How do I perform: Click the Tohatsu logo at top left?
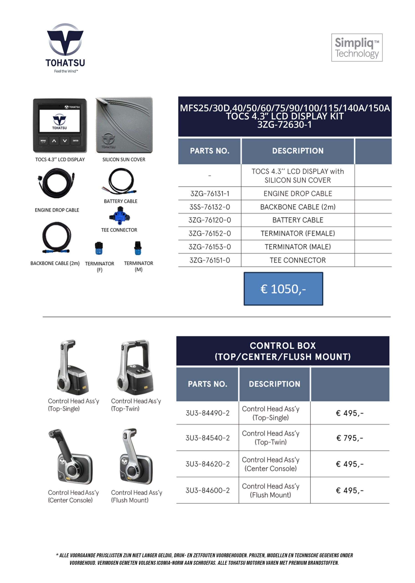tap(65, 47)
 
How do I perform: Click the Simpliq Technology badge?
tap(357, 48)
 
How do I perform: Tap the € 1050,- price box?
tap(283, 289)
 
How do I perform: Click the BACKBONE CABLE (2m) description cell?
tap(298, 207)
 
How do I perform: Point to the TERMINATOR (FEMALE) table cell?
tap(298, 233)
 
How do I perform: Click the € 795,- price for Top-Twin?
tap(350, 438)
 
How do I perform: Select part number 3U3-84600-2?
tap(207, 490)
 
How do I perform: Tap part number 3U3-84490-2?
tap(207, 413)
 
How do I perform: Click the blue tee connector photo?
tap(120, 216)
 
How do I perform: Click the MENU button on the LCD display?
tap(43, 141)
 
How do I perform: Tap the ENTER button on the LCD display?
tap(76, 141)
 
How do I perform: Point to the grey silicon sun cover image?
tap(124, 125)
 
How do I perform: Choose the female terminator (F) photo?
tap(99, 248)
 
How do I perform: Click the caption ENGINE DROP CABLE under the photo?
tap(57, 210)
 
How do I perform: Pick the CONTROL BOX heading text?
tap(283, 346)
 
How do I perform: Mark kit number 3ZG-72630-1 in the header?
tap(284, 125)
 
